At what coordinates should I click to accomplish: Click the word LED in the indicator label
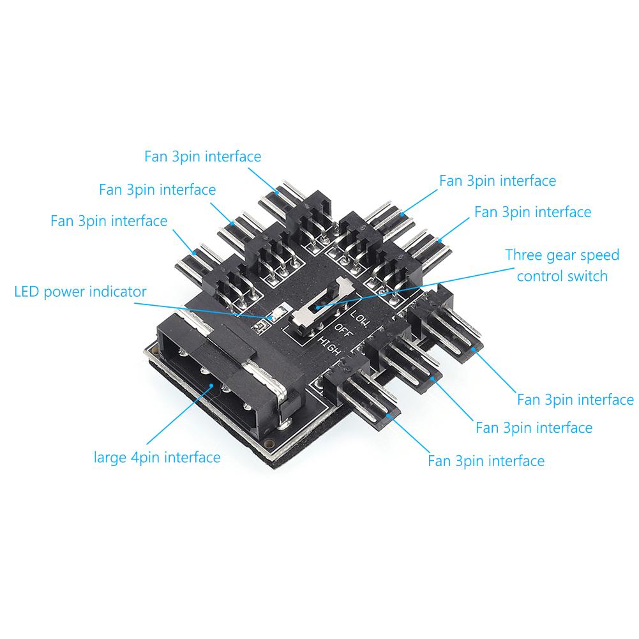[27, 292]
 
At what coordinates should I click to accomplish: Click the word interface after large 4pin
[195, 457]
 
